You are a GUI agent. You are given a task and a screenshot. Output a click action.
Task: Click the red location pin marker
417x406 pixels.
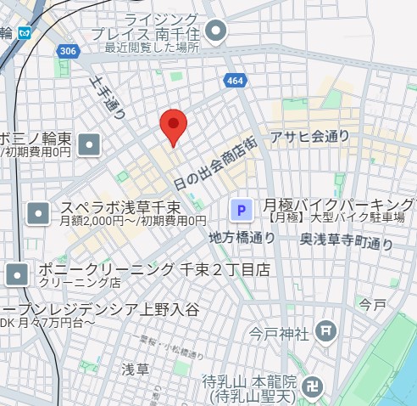coord(173,127)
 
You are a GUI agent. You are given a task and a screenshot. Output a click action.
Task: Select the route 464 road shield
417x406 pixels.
coord(235,80)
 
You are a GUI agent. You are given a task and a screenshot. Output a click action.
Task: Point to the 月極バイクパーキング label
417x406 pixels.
coord(339,205)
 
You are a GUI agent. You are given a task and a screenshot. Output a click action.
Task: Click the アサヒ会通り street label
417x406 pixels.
coord(309,135)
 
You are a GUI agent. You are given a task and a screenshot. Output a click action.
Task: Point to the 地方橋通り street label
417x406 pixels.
coord(242,237)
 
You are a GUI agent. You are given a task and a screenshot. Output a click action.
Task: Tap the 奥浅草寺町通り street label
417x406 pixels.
coord(347,241)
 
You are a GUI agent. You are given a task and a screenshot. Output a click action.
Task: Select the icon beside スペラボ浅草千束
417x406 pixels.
coord(38,213)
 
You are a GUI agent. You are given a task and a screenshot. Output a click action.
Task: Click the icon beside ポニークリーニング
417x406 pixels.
coord(18,274)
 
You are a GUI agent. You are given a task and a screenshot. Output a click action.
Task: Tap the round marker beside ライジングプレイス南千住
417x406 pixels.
coord(219,32)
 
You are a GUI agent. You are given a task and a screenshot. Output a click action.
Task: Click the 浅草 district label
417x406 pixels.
coord(135,369)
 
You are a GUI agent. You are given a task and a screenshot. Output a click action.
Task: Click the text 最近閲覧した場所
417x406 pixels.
coord(152,48)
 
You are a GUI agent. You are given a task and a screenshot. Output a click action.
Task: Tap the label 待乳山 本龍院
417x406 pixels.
coord(250,381)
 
